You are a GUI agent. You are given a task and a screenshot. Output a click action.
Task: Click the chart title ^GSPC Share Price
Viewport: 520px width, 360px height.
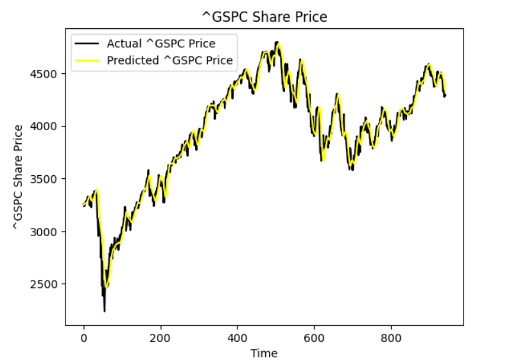point(264,17)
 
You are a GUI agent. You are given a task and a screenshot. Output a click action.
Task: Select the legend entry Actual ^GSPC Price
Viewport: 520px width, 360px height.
point(160,44)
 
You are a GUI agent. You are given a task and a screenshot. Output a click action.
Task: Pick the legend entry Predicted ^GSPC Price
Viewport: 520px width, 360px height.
point(169,61)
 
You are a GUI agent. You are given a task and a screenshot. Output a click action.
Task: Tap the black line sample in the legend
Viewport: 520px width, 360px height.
point(87,44)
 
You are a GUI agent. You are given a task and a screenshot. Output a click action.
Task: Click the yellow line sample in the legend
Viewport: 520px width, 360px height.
point(87,61)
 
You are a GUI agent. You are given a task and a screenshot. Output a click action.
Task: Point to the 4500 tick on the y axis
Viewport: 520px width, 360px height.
point(48,74)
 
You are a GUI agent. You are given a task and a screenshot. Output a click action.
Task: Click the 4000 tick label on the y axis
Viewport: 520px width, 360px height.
point(48,126)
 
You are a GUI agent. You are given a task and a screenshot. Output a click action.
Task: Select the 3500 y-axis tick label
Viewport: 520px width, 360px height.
point(48,179)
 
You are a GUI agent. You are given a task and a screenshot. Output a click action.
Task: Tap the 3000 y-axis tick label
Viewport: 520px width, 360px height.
point(48,232)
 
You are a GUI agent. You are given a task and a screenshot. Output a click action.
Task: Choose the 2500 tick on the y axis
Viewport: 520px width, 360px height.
point(48,284)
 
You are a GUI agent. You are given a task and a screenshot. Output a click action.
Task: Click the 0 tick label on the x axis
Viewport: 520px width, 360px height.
point(83,337)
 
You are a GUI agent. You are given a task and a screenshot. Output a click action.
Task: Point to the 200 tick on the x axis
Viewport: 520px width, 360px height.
point(160,337)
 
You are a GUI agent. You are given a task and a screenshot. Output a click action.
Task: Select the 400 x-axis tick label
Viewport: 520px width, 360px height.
point(238,337)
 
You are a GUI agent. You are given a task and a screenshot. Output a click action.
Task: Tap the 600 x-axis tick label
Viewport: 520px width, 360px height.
point(315,337)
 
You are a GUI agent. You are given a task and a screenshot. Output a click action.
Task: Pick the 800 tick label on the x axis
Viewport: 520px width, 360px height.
point(392,337)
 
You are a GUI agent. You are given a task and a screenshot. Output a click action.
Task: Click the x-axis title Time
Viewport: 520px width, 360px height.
point(264,352)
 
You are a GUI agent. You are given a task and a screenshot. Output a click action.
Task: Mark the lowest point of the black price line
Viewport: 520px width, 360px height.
point(105,311)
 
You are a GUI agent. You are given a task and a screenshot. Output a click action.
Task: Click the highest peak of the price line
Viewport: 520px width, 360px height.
point(278,42)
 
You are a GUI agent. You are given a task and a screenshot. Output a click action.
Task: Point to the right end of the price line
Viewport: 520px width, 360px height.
point(446,96)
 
